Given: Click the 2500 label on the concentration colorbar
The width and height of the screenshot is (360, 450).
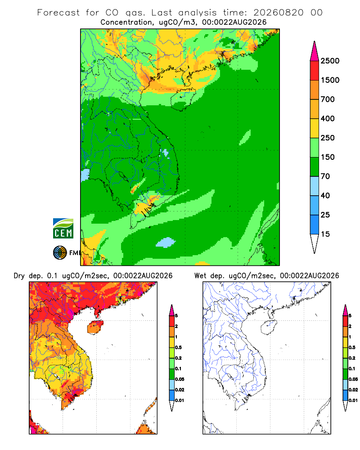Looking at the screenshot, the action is pyautogui.click(x=330, y=61).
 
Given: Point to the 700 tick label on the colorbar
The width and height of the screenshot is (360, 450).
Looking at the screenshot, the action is pyautogui.click(x=328, y=99).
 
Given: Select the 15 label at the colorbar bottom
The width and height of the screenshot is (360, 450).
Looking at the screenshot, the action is pyautogui.click(x=325, y=234).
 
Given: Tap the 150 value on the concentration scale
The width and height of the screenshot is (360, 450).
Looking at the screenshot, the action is pyautogui.click(x=328, y=157).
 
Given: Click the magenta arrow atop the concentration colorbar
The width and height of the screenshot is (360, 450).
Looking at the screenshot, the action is pyautogui.click(x=315, y=52).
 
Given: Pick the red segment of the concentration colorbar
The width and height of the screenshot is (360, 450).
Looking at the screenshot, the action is pyautogui.click(x=315, y=71).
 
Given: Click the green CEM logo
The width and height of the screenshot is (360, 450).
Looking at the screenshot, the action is pyautogui.click(x=63, y=229).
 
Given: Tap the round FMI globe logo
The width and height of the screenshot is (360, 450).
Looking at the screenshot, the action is pyautogui.click(x=60, y=253).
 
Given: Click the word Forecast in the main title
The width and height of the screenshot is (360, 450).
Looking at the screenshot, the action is pyautogui.click(x=58, y=13).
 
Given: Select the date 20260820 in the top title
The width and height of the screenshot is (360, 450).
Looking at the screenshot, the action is pyautogui.click(x=278, y=13).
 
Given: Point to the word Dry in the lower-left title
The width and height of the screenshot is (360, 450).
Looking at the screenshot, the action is pyautogui.click(x=19, y=276).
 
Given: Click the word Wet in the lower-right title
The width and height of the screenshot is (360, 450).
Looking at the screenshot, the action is pyautogui.click(x=200, y=276).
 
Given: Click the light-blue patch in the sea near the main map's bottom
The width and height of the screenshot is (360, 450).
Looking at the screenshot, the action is pyautogui.click(x=166, y=243).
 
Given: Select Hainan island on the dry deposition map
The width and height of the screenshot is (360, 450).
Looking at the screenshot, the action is pyautogui.click(x=95, y=328).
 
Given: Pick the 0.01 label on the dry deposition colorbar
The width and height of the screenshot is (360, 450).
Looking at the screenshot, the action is pyautogui.click(x=180, y=400).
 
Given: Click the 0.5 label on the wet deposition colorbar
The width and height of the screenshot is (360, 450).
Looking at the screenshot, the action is pyautogui.click(x=352, y=347).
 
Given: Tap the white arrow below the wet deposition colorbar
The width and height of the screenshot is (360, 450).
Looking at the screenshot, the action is pyautogui.click(x=345, y=405).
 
